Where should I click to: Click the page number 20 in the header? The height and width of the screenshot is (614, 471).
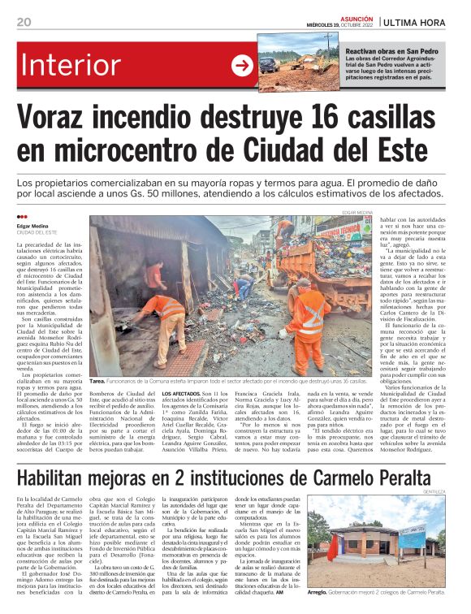[x=24, y=23]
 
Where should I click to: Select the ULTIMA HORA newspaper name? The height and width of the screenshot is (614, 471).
[x=427, y=23]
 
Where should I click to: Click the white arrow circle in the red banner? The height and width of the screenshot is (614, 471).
[x=243, y=66]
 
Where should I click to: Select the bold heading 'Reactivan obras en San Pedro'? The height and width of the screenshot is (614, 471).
[x=387, y=50]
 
